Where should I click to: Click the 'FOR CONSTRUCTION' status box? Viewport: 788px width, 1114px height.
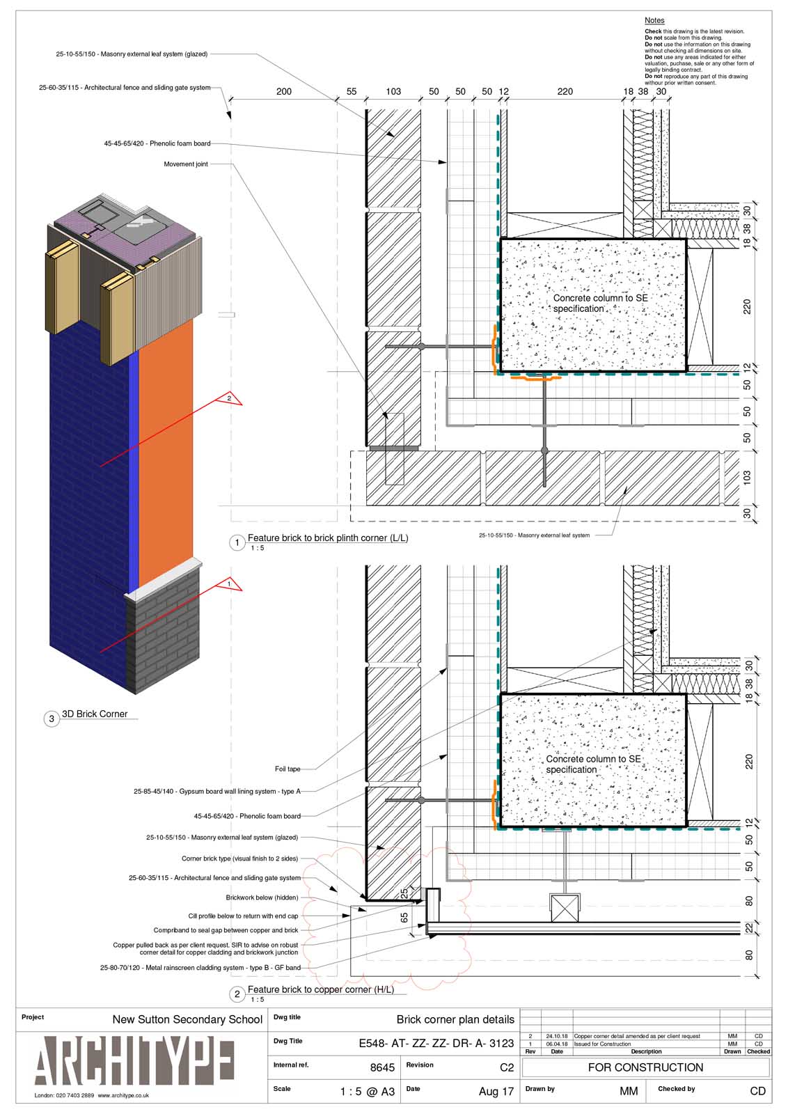pos(645,1067)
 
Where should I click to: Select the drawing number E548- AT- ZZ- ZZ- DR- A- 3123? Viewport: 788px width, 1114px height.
pos(436,1043)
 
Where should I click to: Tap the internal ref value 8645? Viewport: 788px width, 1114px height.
pos(382,1067)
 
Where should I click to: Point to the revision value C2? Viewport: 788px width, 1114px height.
pos(506,1067)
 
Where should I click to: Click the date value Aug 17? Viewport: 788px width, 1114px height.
pos(496,1092)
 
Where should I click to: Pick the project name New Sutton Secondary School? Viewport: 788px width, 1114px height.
pos(187,1019)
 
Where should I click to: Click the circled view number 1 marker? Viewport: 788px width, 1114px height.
pos(237,542)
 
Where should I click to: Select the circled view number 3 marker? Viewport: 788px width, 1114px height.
pos(52,719)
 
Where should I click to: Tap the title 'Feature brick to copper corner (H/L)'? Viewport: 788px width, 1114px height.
pos(320,989)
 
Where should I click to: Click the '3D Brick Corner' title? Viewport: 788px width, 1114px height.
pos(95,714)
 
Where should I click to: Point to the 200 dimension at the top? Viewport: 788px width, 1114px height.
pos(284,91)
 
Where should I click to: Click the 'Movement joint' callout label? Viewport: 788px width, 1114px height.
pos(186,164)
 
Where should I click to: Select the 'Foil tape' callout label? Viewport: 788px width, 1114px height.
pos(287,769)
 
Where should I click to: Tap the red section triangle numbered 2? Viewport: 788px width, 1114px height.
pos(229,399)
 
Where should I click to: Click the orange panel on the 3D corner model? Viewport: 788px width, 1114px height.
pos(166,453)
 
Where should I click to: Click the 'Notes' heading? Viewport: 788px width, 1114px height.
pos(654,21)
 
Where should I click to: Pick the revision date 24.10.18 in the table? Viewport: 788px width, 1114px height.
pos(556,1036)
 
